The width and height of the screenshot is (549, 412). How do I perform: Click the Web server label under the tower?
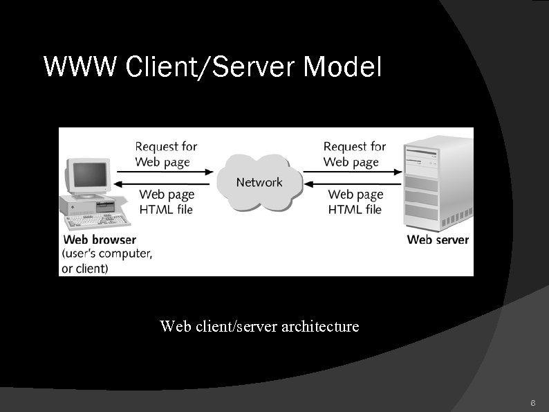[438, 240]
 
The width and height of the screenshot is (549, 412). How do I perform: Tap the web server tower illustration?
[439, 183]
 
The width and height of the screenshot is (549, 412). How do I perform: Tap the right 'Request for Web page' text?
[353, 154]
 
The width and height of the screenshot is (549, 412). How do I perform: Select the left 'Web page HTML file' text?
[167, 202]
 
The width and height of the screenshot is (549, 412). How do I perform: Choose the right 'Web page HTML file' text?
[355, 202]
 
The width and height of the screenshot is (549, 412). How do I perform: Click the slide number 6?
[532, 402]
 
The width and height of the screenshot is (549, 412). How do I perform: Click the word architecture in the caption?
[320, 325]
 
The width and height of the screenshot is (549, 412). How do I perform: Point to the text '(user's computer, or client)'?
[106, 261]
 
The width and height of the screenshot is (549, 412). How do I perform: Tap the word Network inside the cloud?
[259, 182]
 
